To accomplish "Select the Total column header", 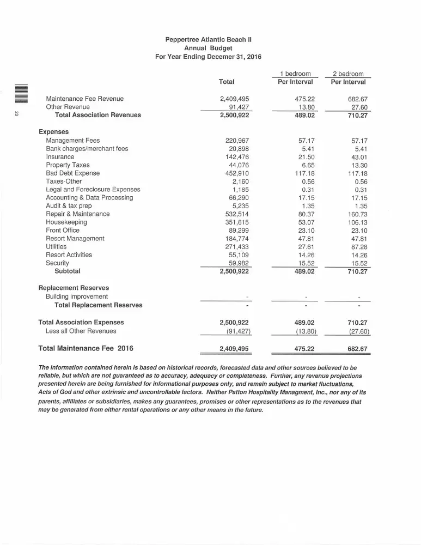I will click(x=226, y=82).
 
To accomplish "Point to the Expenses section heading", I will click(x=53, y=132).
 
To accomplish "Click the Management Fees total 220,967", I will click(x=237, y=141).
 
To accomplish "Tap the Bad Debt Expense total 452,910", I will click(x=237, y=173).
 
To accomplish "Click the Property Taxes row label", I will click(x=68, y=165).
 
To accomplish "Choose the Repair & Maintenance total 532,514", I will click(x=237, y=214).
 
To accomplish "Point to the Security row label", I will click(x=57, y=263).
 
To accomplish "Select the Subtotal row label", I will click(x=67, y=271).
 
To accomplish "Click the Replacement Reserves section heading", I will click(x=74, y=288).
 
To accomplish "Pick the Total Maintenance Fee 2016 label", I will click(x=86, y=348).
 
